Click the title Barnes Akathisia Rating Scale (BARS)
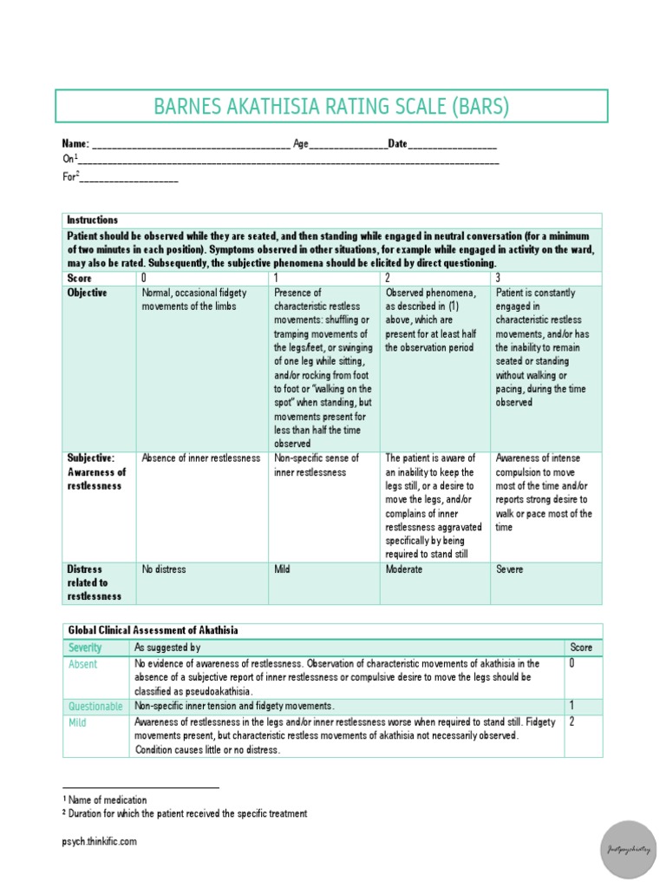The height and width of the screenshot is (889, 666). [332, 107]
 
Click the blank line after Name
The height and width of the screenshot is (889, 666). [190, 145]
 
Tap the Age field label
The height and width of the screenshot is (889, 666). [300, 143]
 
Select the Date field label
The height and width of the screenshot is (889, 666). [397, 143]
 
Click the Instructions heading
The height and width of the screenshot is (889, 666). [92, 221]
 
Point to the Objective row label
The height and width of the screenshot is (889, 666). [88, 293]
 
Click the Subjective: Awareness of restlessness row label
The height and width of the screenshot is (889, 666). [96, 471]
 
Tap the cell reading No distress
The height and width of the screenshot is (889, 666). [164, 570]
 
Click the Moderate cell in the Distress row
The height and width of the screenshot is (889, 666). [404, 570]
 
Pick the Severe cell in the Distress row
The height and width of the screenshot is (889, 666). [510, 570]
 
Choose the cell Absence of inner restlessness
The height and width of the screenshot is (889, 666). [200, 458]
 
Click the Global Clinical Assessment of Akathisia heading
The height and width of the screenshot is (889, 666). [153, 630]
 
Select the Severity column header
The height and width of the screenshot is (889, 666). [85, 648]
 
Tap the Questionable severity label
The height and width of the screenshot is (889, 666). [95, 707]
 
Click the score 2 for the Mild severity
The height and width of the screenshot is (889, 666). [572, 721]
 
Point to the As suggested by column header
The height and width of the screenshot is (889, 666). [167, 648]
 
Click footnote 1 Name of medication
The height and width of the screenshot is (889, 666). [104, 800]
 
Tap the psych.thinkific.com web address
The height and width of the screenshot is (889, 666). [100, 841]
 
